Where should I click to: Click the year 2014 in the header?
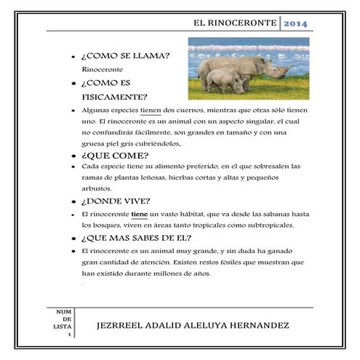coord(295,24)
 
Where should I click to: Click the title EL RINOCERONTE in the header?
coord(235,24)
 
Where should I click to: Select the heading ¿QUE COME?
coord(116,156)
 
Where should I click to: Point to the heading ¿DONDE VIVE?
coord(117,201)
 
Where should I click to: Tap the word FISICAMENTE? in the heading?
coord(116,97)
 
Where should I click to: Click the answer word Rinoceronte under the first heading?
coord(102,69)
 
